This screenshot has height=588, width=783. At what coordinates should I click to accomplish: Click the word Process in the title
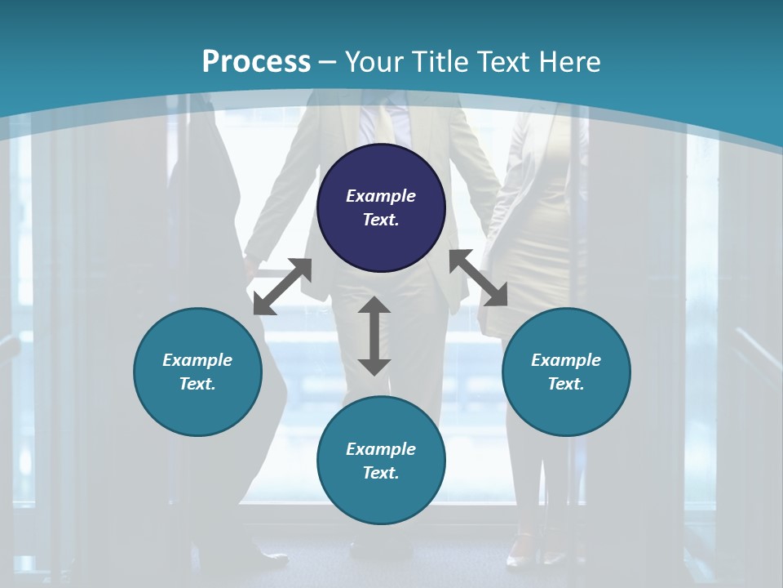[x=256, y=62]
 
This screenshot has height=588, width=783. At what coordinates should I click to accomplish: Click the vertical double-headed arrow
[x=374, y=336]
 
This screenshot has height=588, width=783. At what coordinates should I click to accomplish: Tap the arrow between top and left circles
[x=282, y=287]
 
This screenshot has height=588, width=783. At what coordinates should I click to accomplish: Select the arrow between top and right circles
[x=479, y=278]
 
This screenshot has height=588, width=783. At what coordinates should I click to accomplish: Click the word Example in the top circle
[x=381, y=196]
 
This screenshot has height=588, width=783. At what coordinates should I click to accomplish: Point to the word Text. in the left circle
[x=197, y=384]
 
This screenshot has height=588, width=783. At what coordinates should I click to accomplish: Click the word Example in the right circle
[x=566, y=360]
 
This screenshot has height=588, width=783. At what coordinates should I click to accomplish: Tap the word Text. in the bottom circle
[x=381, y=473]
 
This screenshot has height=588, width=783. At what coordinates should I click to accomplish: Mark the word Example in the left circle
[x=197, y=360]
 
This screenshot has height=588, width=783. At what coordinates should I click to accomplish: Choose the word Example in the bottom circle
[x=381, y=449]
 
